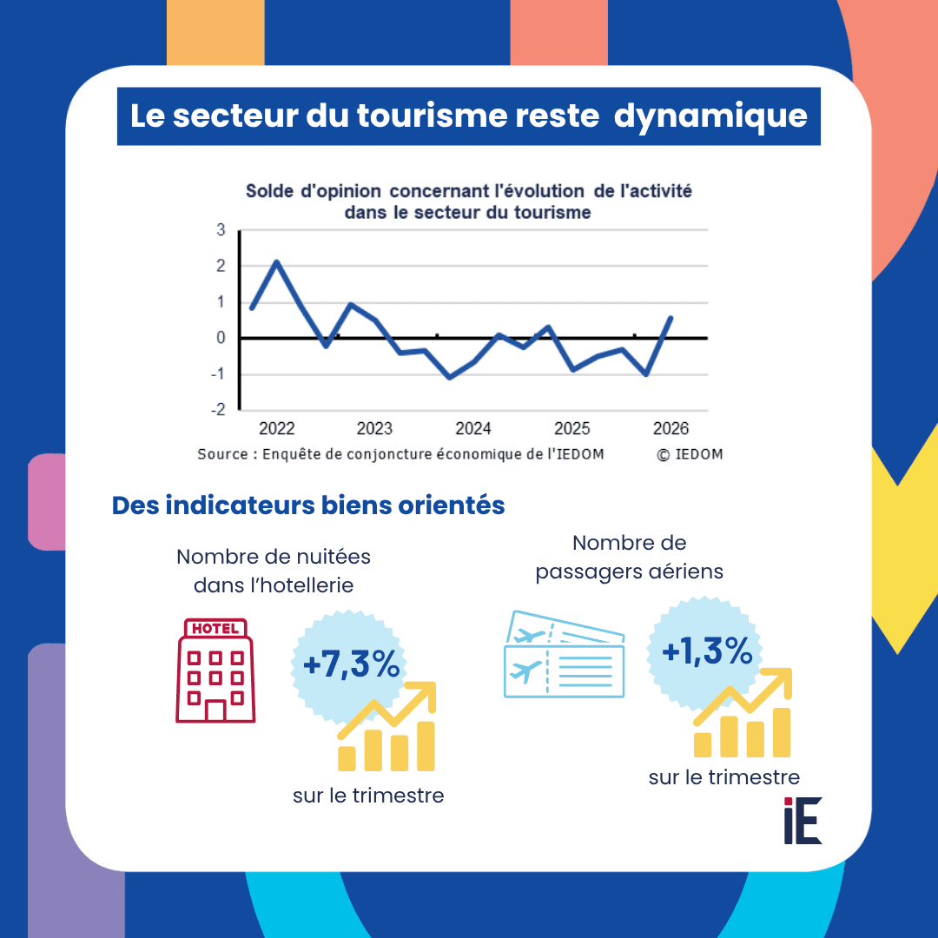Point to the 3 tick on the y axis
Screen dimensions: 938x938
tap(221, 229)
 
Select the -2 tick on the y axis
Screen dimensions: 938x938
tap(218, 410)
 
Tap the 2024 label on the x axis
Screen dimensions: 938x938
tap(472, 428)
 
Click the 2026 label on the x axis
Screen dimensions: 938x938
tap(670, 428)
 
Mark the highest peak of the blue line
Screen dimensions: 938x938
tap(276, 261)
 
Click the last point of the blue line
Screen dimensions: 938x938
tap(670, 318)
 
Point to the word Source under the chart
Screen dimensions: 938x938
tap(222, 454)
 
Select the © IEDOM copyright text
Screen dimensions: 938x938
tap(690, 454)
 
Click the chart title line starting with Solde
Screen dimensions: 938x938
tap(468, 191)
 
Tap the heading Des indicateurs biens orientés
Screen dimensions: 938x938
tap(308, 505)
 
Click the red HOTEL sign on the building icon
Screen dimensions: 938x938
tap(215, 628)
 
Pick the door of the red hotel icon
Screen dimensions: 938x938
tap(215, 710)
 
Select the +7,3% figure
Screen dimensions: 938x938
tap(352, 664)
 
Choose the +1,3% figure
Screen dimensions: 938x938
tap(707, 651)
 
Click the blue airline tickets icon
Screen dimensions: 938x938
tap(565, 655)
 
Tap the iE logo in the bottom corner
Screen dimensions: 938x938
tap(803, 820)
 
